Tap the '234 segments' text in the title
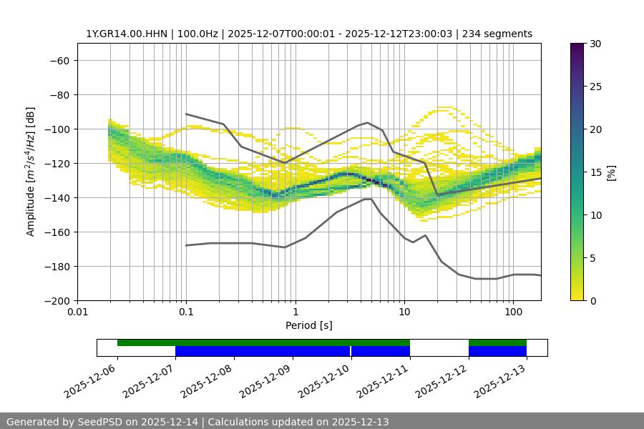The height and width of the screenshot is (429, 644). coord(497,34)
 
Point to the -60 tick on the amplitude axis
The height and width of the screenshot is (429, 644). coord(59,60)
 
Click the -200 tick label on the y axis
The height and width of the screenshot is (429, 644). coord(56,300)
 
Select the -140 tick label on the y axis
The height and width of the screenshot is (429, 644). coord(56,197)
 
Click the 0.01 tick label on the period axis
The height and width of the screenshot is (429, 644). coord(77,312)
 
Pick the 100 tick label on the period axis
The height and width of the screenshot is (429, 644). coord(513,312)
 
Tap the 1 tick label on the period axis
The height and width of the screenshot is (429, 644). coord(296,312)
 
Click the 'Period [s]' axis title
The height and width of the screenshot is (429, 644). coord(309,325)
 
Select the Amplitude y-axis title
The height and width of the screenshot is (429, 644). coord(31,172)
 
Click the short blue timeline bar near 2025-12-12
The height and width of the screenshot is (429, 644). coord(497,351)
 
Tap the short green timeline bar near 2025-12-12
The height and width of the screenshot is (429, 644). coord(497,342)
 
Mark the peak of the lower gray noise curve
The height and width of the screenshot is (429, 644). coord(368,199)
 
